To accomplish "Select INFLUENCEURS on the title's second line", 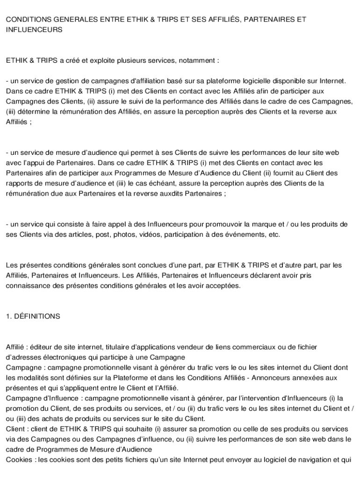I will coord(34,29).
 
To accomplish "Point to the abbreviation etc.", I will coord(273,234).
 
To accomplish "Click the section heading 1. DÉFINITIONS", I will coord(33,316).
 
